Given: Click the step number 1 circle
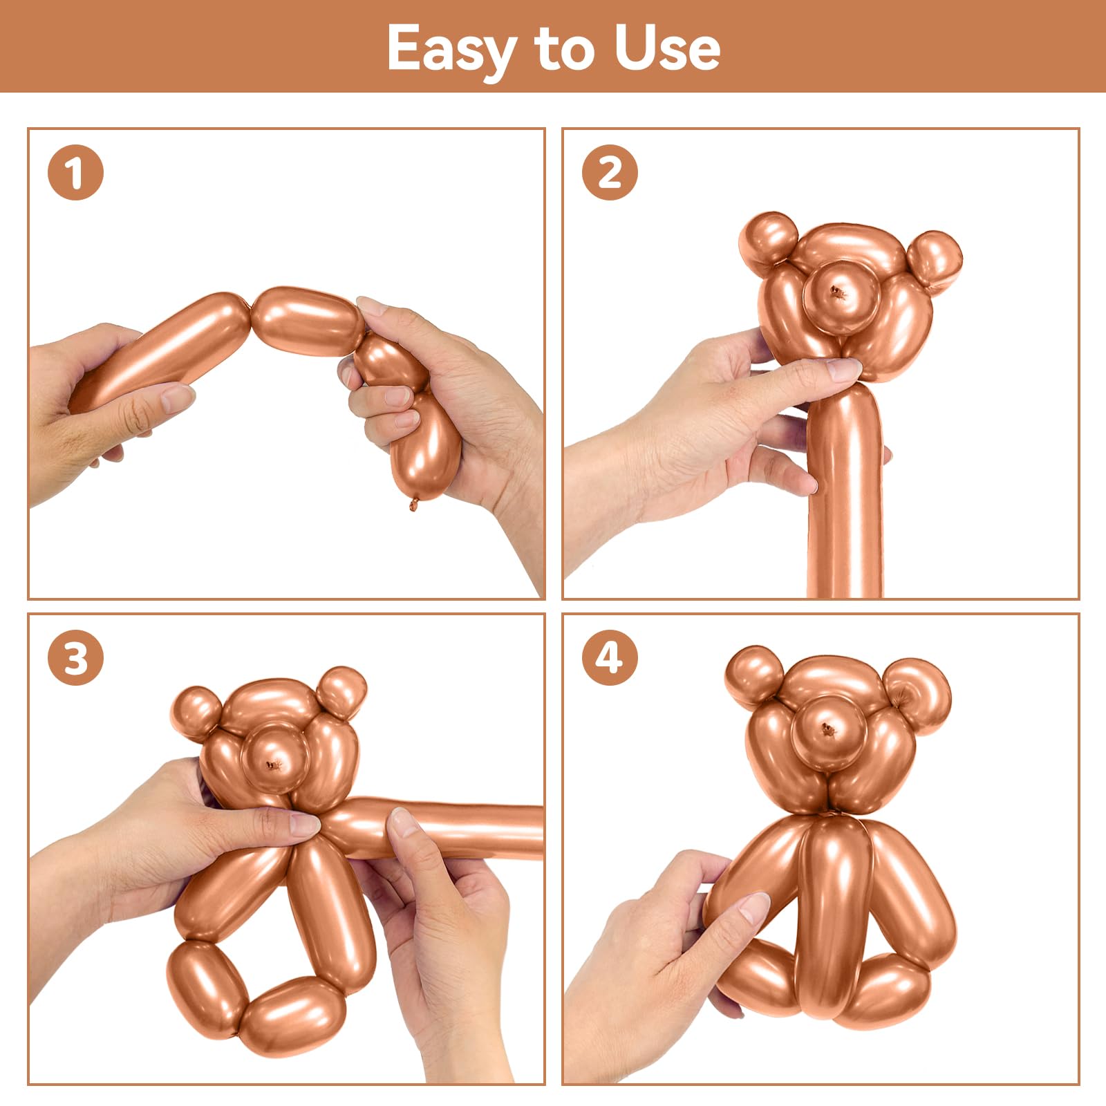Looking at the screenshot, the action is (x=75, y=172).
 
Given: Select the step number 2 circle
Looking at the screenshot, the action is (x=610, y=172).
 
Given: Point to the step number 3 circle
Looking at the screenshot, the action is (x=75, y=657).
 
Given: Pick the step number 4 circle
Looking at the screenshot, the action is (x=610, y=657).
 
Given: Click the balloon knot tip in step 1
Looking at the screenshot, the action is (x=414, y=504).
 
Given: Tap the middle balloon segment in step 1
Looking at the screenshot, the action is (x=306, y=321).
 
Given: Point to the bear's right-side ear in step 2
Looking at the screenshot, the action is (x=933, y=261).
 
